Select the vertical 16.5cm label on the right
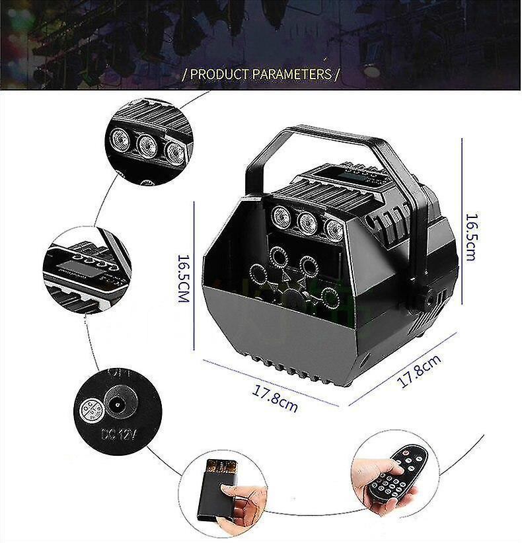(x=470, y=236)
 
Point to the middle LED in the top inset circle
(x=147, y=145)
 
